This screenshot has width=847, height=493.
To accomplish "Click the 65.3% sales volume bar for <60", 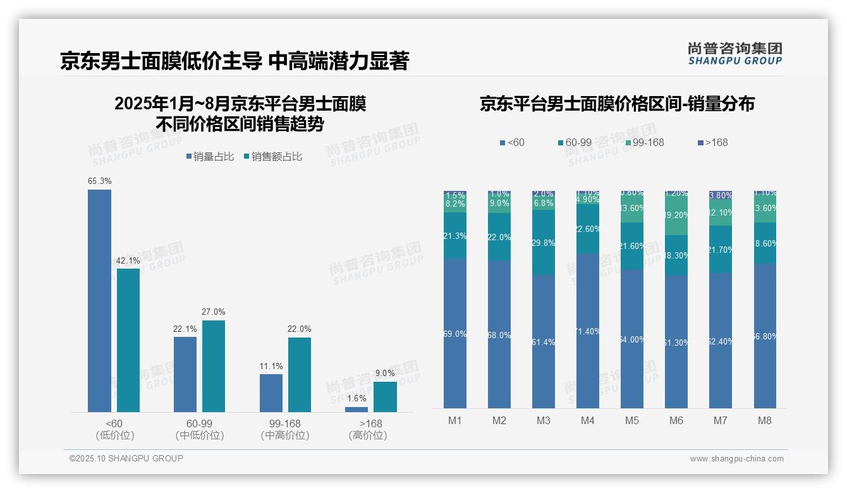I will (99, 301).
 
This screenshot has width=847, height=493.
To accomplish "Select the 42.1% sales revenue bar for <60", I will (128, 340).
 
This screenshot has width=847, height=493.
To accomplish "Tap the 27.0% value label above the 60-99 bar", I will (214, 312).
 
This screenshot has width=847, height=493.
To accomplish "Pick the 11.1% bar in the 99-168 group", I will (271, 393).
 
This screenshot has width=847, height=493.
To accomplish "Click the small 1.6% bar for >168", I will (356, 410).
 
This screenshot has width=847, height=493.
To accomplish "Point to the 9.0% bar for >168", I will (385, 397).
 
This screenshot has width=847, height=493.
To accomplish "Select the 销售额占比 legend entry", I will (272, 157).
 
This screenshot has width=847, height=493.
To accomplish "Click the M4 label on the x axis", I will (588, 421).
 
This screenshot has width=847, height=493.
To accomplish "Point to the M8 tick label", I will (765, 421).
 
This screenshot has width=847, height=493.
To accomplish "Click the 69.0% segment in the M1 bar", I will (455, 333).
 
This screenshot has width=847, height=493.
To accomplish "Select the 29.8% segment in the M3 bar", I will (544, 243).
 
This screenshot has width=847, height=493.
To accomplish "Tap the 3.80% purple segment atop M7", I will (721, 195).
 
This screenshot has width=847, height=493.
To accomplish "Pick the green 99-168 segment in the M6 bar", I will (676, 215).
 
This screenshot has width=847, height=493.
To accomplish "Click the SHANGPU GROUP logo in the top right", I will (734, 54).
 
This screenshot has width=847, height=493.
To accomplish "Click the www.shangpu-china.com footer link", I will (736, 459).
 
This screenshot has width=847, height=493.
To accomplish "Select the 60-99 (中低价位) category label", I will (199, 429).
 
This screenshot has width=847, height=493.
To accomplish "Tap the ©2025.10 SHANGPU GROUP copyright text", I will (126, 458).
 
